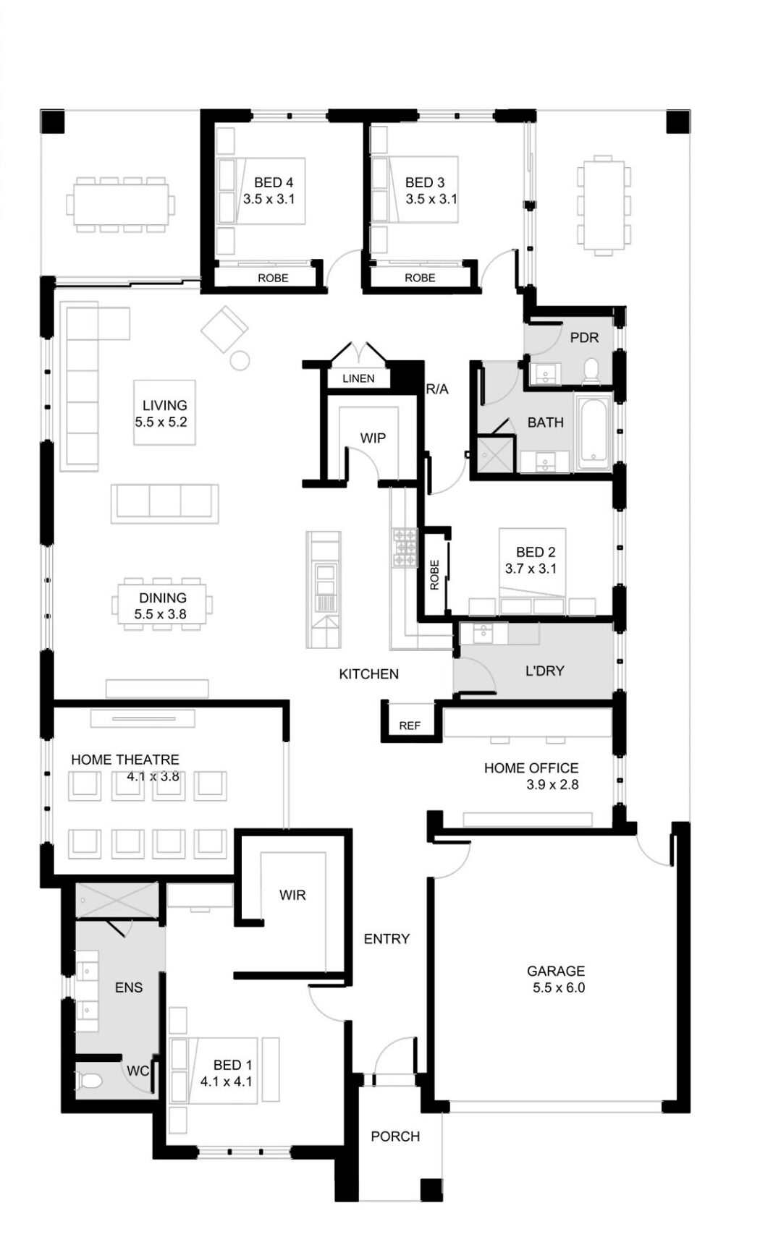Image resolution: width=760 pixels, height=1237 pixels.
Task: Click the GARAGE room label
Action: (x=555, y=970)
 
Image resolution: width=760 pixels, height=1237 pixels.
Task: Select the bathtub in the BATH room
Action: (x=593, y=433)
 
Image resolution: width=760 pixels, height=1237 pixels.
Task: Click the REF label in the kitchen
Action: (x=410, y=726)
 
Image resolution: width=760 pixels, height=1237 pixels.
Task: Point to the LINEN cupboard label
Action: (x=358, y=378)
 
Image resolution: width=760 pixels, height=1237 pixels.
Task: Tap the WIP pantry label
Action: (x=373, y=438)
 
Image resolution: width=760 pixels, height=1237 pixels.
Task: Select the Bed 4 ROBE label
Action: (x=273, y=278)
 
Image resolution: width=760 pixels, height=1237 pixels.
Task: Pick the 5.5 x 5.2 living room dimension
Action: (x=161, y=422)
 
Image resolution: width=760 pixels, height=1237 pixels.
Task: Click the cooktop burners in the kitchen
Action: (x=405, y=547)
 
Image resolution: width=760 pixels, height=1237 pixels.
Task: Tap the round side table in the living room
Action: (x=240, y=360)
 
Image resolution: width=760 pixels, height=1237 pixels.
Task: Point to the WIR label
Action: (x=292, y=895)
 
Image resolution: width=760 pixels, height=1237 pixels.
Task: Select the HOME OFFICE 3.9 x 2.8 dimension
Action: (x=552, y=784)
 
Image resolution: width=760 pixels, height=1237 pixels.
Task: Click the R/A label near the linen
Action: (x=437, y=389)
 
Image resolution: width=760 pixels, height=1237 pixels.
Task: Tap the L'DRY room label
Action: (x=544, y=671)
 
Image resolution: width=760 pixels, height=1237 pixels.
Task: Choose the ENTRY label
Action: (x=387, y=938)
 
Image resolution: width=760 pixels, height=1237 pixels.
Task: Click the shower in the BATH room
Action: (x=495, y=454)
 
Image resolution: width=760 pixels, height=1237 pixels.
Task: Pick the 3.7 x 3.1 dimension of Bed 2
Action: (x=531, y=569)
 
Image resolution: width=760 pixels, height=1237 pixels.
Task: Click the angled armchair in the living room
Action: (x=224, y=329)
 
